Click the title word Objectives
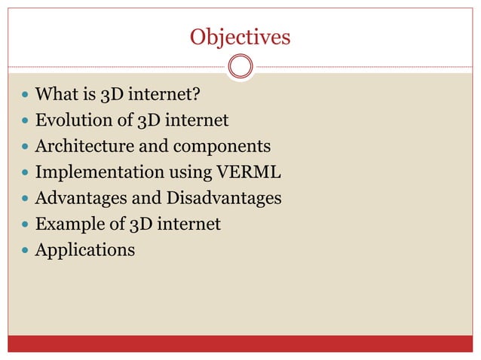240,36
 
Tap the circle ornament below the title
240,67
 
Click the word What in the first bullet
57,95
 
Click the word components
217,148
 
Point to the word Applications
85,250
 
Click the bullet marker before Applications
26,250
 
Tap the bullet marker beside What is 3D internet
26,96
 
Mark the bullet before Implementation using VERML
26,173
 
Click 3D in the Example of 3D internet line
141,224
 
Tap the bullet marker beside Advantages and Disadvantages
26,199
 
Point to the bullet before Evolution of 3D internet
26,121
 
